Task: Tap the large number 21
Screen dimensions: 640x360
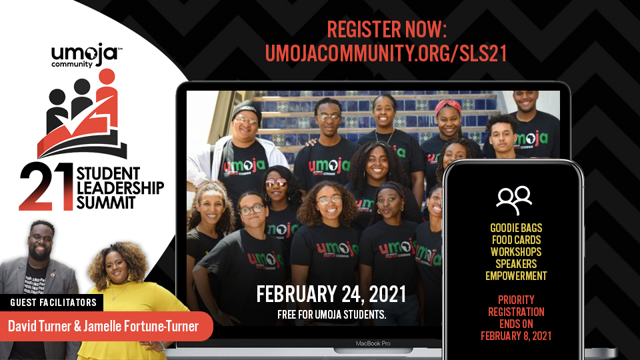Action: click(46, 186)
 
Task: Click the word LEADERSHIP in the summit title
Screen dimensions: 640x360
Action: click(120, 188)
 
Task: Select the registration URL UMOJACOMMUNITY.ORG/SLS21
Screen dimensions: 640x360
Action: click(386, 53)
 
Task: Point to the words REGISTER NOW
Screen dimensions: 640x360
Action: click(387, 29)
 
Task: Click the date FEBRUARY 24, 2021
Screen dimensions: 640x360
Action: click(331, 294)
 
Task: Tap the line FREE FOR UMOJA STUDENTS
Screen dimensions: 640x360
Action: click(331, 315)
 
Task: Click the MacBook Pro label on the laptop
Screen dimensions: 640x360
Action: click(373, 344)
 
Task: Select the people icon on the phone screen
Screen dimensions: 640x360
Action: click(514, 200)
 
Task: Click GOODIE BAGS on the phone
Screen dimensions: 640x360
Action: click(516, 228)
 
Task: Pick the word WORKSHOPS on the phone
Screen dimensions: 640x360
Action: click(516, 252)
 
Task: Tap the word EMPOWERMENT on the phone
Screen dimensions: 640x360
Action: click(516, 276)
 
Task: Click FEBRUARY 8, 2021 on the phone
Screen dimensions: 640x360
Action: click(516, 336)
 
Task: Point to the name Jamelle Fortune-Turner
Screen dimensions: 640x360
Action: click(141, 326)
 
